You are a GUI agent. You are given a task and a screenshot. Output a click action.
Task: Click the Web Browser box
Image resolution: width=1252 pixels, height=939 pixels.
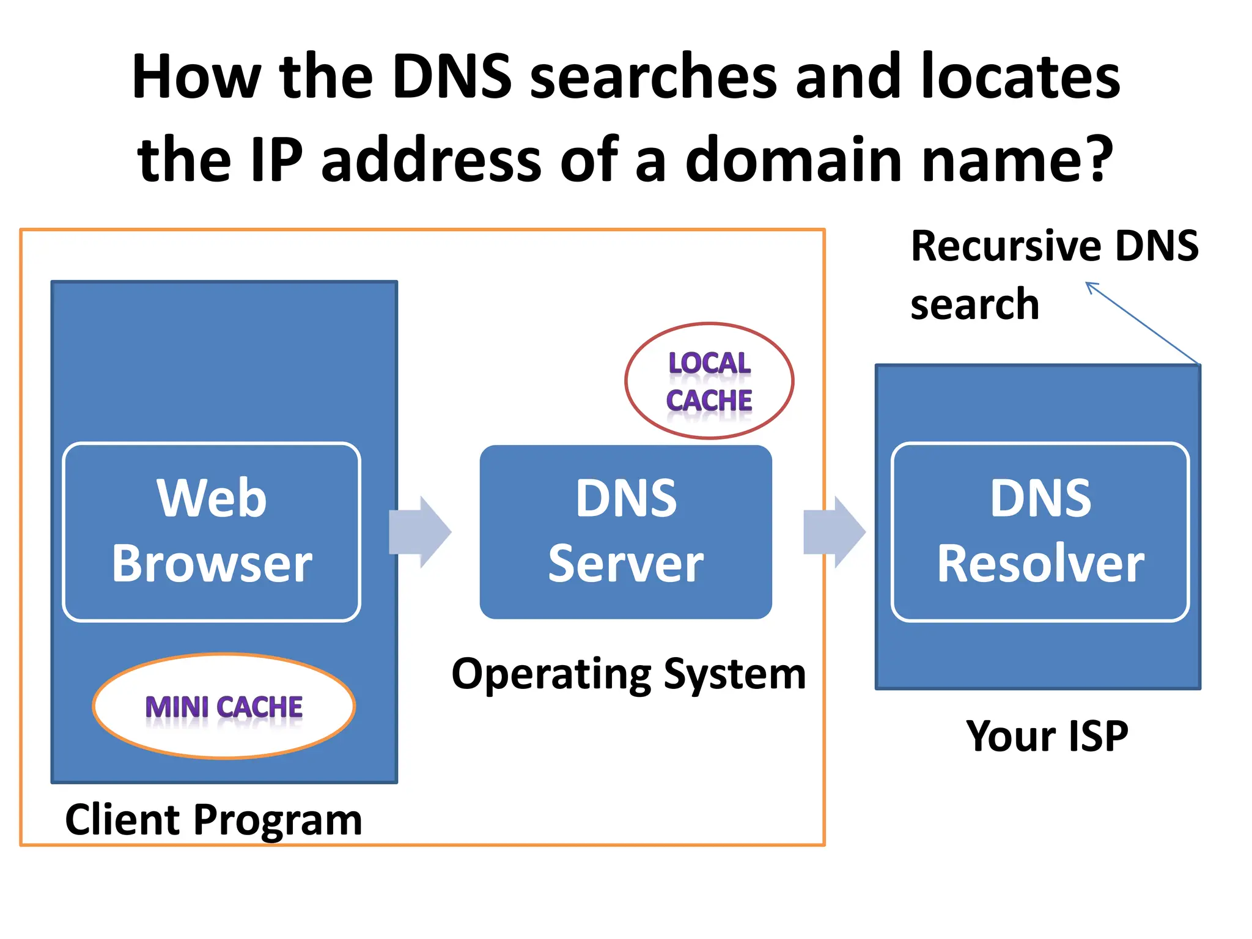coord(212,531)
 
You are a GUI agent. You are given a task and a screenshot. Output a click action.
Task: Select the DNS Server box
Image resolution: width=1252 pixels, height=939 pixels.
coord(625,531)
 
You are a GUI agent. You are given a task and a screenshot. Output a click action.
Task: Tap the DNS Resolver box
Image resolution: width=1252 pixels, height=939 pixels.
coord(1040,531)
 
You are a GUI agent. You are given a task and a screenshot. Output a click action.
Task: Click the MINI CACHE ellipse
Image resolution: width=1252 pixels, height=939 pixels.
coord(224,706)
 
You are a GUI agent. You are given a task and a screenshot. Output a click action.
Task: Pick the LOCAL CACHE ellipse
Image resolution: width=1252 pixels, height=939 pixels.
coord(709,381)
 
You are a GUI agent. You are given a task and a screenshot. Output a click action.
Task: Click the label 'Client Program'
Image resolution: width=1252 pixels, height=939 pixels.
coord(213,819)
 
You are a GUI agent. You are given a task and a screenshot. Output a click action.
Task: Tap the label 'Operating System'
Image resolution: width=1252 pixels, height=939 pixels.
coord(628,673)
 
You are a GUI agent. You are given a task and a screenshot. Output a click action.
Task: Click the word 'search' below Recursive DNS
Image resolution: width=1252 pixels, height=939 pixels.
coord(974,304)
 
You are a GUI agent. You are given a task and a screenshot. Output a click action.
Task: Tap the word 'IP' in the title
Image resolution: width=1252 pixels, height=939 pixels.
coord(276,160)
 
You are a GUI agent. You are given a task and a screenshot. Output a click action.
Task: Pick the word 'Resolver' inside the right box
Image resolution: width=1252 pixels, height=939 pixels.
coord(1040,563)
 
